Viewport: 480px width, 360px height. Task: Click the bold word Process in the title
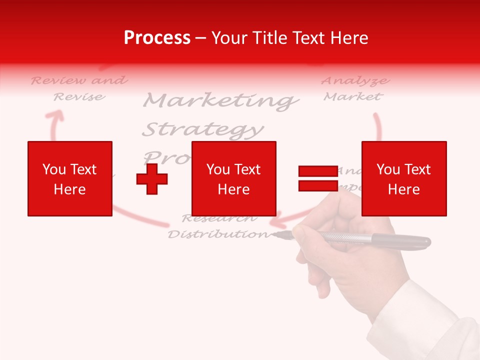pos(157,38)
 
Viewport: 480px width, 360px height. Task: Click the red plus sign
pos(152,179)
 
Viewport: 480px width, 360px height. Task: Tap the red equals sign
pos(318,178)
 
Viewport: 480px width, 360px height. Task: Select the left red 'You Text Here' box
pos(70,178)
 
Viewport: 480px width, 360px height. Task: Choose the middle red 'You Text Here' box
pos(233,178)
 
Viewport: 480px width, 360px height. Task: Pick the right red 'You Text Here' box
pos(403,178)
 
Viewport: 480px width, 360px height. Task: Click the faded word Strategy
pos(202,130)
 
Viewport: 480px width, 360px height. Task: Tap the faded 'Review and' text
pos(79,80)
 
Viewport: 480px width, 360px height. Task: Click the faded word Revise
pos(79,96)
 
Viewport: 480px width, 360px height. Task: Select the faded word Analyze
pos(355,80)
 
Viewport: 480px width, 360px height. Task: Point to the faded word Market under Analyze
pos(352,96)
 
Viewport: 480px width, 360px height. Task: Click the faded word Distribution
pos(218,234)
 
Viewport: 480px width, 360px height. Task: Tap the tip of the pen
pos(274,233)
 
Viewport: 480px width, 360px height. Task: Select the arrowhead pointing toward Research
pos(274,220)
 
